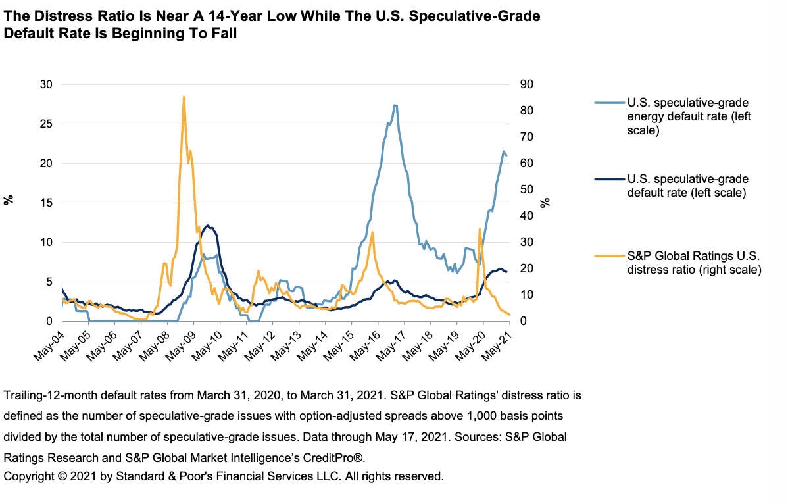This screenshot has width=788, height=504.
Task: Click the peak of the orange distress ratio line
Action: tap(184, 97)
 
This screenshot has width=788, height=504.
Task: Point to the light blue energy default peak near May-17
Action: tap(395, 105)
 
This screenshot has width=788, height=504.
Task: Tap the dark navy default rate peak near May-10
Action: tap(208, 226)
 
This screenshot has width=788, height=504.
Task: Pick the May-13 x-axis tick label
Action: tap(285, 341)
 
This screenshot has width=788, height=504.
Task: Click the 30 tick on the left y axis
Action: tap(46, 84)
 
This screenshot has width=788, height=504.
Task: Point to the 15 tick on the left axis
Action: tap(46, 203)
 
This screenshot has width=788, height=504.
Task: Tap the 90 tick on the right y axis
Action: tap(526, 84)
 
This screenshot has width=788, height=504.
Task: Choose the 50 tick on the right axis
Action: tap(526, 189)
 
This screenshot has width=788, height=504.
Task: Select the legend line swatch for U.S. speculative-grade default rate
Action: tap(608, 179)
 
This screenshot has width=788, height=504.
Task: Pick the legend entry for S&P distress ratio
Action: tap(694, 263)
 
